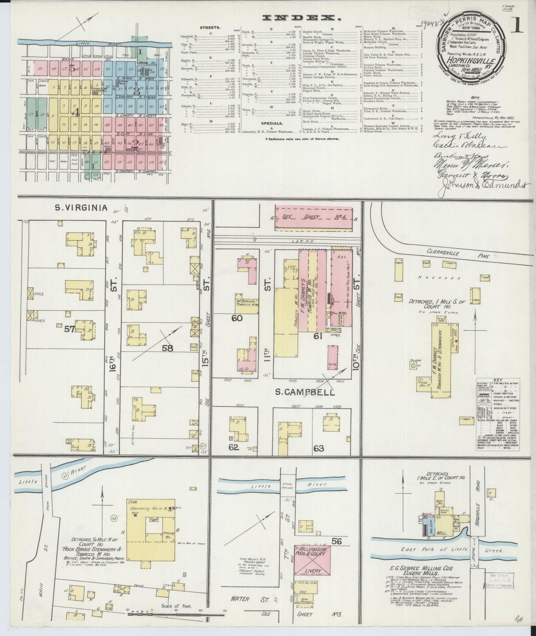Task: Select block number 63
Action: (318, 448)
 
